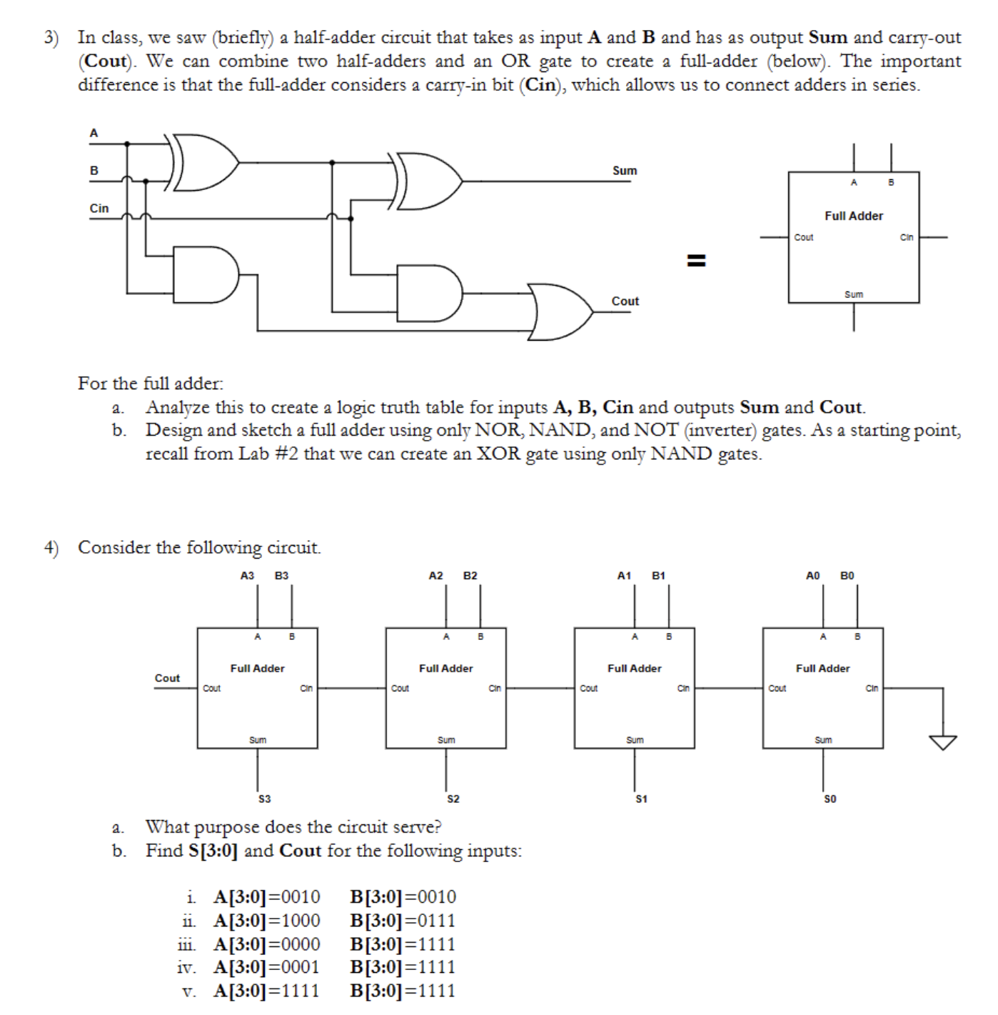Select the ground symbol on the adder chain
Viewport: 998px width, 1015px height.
tap(943, 742)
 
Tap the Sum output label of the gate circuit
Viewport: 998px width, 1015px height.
tap(624, 171)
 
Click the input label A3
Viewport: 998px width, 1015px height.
tap(247, 576)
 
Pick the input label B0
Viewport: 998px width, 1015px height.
tap(847, 576)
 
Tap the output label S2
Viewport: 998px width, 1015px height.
tap(453, 799)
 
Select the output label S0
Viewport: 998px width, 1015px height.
tap(830, 799)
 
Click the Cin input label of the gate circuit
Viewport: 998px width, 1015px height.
tap(99, 209)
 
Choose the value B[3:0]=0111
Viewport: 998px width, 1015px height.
tap(403, 921)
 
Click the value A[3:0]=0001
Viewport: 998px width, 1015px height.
tap(266, 967)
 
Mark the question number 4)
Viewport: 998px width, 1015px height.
tap(51, 548)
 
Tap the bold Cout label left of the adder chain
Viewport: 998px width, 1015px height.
tap(167, 678)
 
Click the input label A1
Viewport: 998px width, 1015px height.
tap(624, 576)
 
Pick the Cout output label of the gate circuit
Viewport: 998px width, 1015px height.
tap(625, 301)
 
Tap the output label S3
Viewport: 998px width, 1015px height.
tap(264, 799)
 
